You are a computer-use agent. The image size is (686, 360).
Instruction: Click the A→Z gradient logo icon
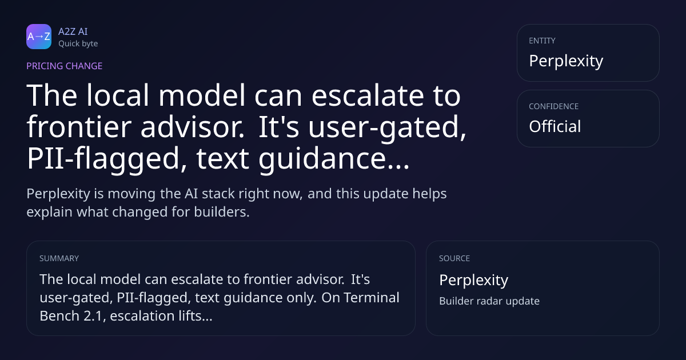[x=39, y=37]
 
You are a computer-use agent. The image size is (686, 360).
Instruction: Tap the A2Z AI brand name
[x=73, y=31]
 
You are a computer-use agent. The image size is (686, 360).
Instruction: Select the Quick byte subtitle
[x=78, y=44]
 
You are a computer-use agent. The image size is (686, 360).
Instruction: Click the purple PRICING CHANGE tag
[x=64, y=66]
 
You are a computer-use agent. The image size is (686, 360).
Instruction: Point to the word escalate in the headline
[x=368, y=95]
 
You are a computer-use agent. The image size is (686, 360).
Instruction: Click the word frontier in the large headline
[x=79, y=127]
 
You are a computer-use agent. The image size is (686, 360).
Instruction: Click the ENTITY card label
[x=542, y=41]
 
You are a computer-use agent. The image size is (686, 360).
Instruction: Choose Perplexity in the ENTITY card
[x=566, y=61]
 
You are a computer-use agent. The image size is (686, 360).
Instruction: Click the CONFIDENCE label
[x=554, y=106]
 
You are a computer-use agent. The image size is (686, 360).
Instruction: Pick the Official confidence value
[x=555, y=126]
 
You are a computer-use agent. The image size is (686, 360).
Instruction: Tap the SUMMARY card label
[x=59, y=258]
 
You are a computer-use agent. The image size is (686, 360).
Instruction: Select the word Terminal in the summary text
[x=372, y=298]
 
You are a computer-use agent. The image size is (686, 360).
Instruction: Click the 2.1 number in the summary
[x=95, y=316]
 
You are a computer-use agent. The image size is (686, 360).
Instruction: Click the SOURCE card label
[x=454, y=258]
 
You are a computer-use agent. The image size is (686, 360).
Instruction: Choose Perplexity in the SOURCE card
[x=474, y=280]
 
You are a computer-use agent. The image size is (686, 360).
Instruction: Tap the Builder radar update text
[x=489, y=301]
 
